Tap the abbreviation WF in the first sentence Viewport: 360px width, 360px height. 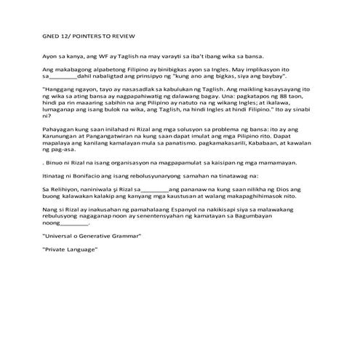point(95,56)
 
